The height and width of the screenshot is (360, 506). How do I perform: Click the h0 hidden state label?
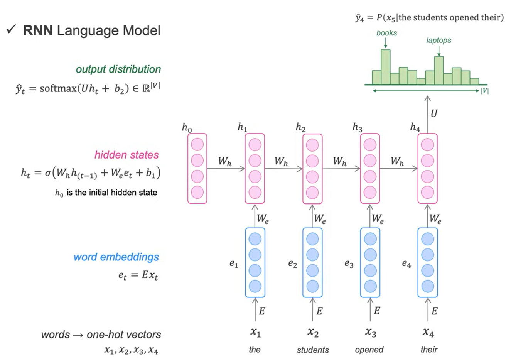pos(187,128)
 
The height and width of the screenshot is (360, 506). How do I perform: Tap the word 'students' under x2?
pos(313,350)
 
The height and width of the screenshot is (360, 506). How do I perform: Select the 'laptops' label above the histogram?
pos(439,40)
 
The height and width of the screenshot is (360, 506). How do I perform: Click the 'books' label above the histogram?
pos(386,33)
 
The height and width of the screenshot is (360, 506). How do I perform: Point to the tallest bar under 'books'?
pos(385,66)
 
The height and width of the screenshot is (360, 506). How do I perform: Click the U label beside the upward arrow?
pos(434,113)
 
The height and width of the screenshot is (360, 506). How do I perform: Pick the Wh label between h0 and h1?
pos(225,161)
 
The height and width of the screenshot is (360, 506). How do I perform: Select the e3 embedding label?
pos(349,264)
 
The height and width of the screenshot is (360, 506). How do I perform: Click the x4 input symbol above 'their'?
pos(428,331)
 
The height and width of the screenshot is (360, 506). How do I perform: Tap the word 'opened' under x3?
pos(369,350)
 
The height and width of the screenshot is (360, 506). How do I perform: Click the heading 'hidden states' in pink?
pos(126,155)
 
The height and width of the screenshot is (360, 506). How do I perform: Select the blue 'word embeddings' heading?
pos(116,257)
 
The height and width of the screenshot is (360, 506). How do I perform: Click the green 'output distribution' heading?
pos(118,69)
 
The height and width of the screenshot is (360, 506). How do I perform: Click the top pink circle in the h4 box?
pos(427,145)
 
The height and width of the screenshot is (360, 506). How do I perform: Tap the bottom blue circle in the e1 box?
pos(255,286)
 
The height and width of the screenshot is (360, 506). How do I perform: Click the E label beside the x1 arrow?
pos(262,311)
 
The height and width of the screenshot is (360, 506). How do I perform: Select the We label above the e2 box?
pos(320,219)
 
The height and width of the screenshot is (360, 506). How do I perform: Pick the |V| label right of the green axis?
pos(484,91)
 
